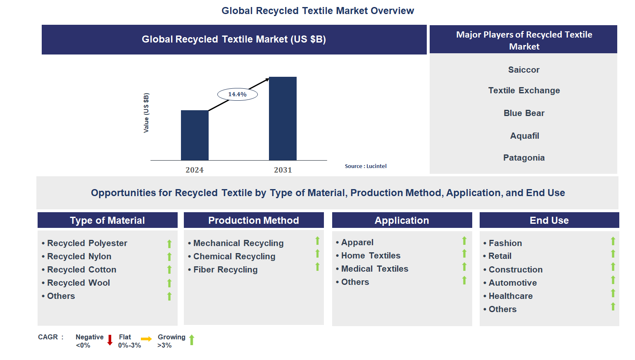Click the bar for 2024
pos(195,135)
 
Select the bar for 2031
pos(283,118)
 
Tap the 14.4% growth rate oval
pos(238,95)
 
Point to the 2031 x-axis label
pos(283,170)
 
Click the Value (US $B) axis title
pos(146,113)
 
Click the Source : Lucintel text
pos(366,166)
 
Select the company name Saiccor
pos(523,70)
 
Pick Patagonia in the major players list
pos(523,158)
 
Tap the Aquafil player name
pos(524,136)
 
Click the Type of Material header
pos(107,220)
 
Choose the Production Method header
pos(254,220)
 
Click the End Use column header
pos(549,220)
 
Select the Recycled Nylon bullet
pos(79,256)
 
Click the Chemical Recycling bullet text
pos(234,256)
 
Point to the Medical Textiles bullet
pos(374,269)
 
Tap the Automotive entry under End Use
pos(512,283)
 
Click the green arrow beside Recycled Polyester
pos(169,244)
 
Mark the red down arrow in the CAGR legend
pos(110,340)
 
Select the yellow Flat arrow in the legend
pos(146,339)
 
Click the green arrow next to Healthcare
pos(613,293)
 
